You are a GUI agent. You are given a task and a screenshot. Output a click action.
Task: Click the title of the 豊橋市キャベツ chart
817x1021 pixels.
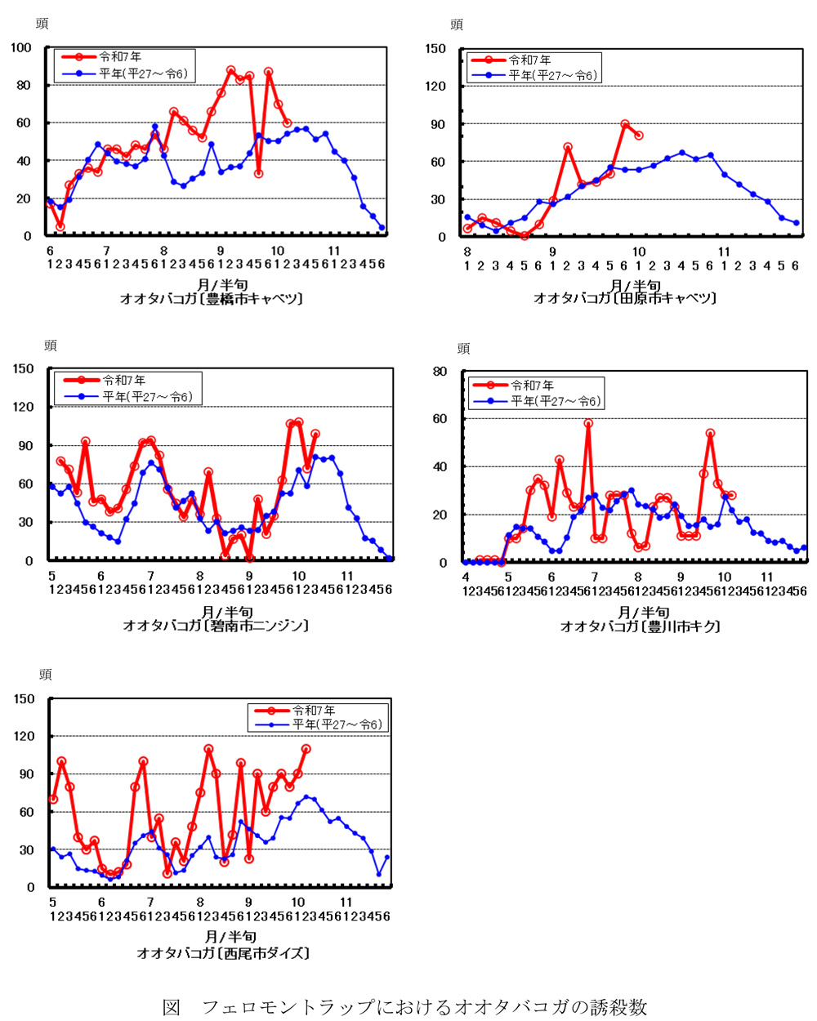tap(212, 299)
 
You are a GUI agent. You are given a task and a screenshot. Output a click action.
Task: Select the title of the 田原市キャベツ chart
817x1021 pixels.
tap(625, 298)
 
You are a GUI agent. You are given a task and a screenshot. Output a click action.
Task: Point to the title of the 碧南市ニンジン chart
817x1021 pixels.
tap(216, 626)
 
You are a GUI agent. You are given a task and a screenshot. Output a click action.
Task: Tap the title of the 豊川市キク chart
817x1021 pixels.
tap(640, 626)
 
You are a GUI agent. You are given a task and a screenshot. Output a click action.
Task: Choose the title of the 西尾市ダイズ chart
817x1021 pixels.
tap(223, 952)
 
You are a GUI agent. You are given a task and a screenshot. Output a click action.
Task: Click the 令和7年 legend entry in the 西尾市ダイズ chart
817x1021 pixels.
tap(315, 711)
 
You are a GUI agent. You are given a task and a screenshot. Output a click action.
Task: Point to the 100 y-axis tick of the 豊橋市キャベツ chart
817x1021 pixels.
tap(21, 47)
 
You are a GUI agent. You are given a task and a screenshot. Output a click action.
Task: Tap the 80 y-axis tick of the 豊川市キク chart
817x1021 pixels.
tap(440, 372)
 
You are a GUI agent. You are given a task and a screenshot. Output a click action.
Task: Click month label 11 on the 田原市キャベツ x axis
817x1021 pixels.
tap(724, 252)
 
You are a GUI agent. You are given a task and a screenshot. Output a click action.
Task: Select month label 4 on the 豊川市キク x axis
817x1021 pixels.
tap(466, 577)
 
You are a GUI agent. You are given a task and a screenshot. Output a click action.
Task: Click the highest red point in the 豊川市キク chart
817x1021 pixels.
tap(588, 424)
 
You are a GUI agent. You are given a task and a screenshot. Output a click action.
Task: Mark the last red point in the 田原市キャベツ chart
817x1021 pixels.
tap(638, 136)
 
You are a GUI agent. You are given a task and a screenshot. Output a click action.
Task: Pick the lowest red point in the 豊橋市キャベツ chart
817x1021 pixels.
tap(60, 226)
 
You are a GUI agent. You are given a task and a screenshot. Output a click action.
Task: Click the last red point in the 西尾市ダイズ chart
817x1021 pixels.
tap(306, 749)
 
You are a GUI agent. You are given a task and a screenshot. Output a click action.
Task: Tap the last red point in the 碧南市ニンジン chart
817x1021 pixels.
tap(315, 435)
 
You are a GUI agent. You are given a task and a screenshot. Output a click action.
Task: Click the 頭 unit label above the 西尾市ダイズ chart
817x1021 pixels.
tap(46, 675)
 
